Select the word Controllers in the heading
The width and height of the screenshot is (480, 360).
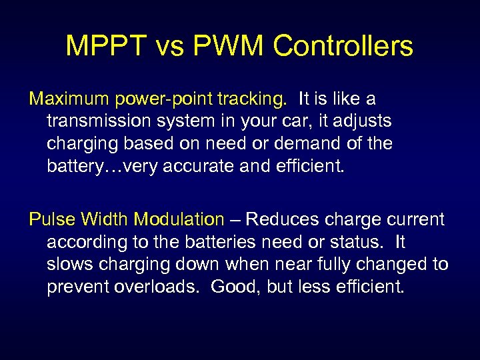click(x=343, y=46)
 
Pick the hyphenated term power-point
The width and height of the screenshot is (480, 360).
click(x=155, y=99)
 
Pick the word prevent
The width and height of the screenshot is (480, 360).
click(x=75, y=286)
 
